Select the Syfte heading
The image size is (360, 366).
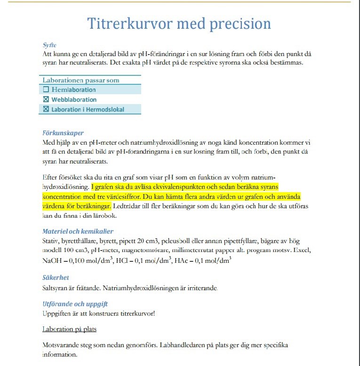click(x=49, y=46)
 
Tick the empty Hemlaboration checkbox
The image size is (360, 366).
click(x=46, y=89)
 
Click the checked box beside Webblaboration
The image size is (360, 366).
click(x=46, y=99)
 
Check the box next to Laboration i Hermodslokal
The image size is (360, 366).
click(x=46, y=109)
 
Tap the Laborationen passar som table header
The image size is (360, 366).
click(x=81, y=80)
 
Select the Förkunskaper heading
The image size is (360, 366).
click(x=63, y=133)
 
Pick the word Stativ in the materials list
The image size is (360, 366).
click(x=51, y=241)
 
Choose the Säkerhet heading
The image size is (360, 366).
click(x=56, y=277)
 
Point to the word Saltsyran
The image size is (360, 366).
click(x=56, y=287)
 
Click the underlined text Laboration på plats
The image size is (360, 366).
click(x=69, y=329)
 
